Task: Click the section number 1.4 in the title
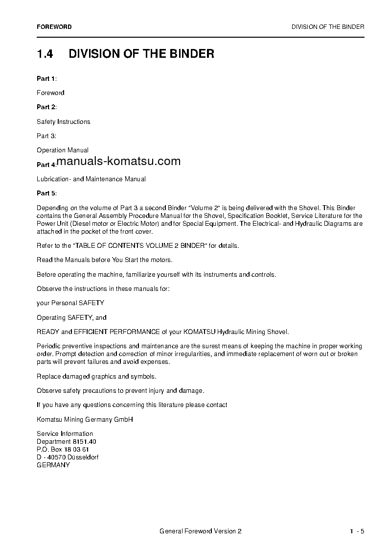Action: pos(45,53)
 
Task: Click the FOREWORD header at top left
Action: pos(54,27)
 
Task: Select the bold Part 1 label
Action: pos(46,78)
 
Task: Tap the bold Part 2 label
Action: pos(46,107)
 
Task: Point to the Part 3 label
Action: pos(46,136)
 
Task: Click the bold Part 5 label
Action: pos(46,193)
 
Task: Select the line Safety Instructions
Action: pos(63,121)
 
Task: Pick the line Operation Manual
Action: pos(63,150)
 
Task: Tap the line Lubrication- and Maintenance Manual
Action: pos(91,179)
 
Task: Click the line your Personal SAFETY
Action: pos(70,303)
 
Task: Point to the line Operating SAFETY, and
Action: pos(71,318)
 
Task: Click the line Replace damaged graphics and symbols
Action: pos(96,376)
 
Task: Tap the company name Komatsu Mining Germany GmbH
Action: pos(85,419)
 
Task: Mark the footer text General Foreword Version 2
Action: pos(201,531)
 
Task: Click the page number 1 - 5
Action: pos(357,531)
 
